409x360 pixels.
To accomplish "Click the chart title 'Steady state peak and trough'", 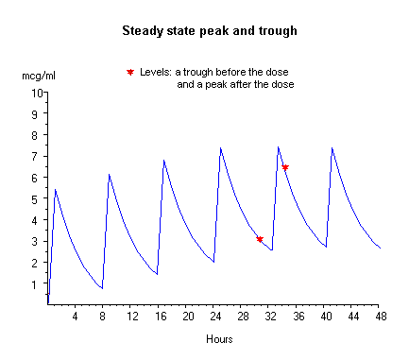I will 210,30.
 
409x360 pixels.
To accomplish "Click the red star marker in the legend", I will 130,73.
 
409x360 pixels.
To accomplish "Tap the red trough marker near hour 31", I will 260,240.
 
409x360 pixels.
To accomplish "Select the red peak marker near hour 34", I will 285,167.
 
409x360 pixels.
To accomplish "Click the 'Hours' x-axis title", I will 213,337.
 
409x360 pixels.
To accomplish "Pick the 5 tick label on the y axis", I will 38,199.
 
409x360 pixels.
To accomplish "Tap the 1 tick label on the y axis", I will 38,284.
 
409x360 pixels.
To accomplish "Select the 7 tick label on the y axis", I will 38,157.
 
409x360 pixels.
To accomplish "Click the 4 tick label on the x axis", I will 75,315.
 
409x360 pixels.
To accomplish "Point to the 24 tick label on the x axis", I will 213,315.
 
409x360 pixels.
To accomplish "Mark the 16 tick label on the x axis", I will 159,315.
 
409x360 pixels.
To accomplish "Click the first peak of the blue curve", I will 55,189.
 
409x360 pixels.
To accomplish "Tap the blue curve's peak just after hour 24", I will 220,148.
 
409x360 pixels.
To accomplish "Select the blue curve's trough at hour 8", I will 102,288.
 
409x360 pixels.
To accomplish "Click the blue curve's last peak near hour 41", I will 332,148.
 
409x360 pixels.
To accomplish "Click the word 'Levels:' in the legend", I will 155,73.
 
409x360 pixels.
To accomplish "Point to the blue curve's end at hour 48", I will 380,248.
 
